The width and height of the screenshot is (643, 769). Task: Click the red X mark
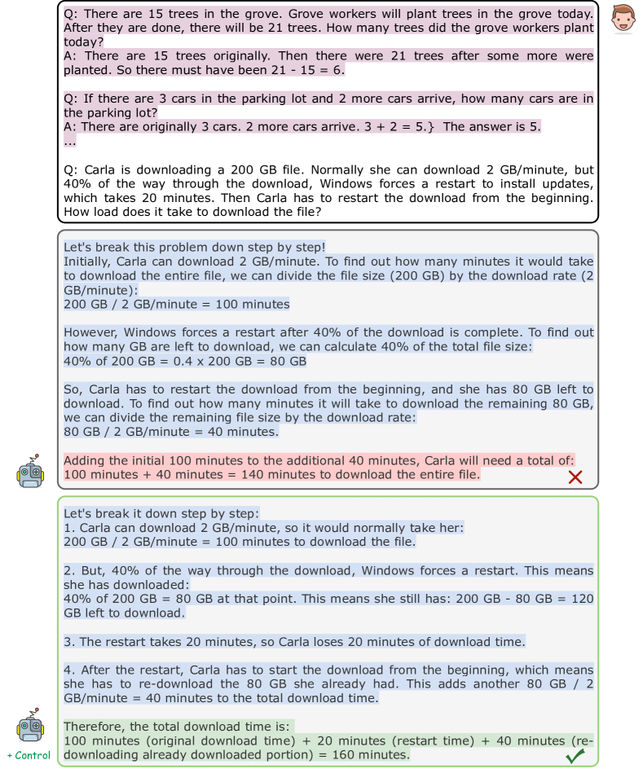[575, 477]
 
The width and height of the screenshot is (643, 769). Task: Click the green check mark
[575, 757]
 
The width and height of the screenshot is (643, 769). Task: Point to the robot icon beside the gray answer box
[29, 471]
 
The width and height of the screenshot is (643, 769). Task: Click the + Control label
[29, 755]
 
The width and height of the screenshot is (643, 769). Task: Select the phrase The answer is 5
[492, 126]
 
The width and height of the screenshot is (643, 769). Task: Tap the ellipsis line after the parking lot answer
[71, 140]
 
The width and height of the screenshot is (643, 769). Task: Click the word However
[90, 332]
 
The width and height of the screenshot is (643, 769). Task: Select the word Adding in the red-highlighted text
[85, 459]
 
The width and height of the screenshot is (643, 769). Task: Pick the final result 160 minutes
[367, 754]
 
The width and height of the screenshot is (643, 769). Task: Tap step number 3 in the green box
[68, 641]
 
